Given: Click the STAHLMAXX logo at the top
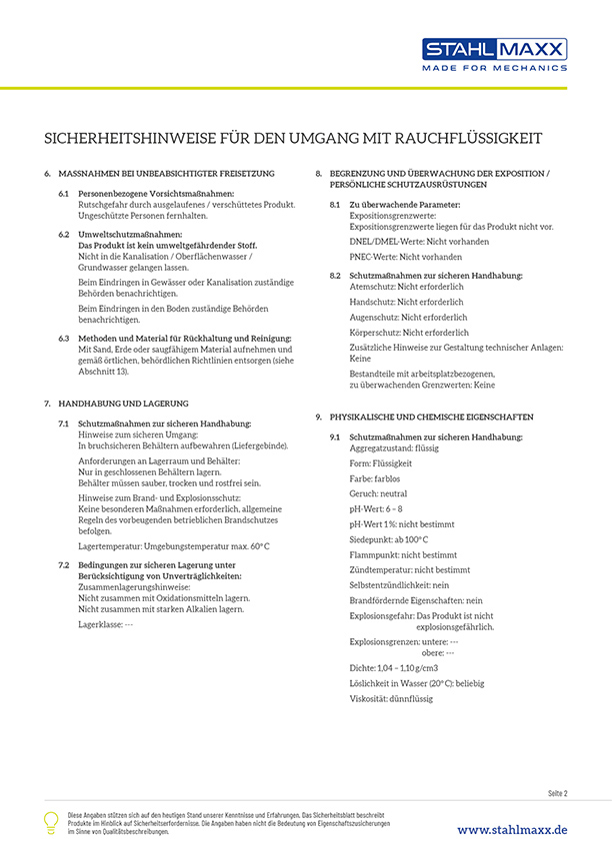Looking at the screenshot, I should click(x=494, y=49).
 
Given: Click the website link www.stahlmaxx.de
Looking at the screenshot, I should click(x=512, y=830).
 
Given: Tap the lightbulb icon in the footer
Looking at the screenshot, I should click(x=51, y=822).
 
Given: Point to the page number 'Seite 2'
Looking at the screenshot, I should click(x=557, y=793).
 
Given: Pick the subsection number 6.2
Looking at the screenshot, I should click(x=64, y=233).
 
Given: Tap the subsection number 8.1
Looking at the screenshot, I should click(x=335, y=205).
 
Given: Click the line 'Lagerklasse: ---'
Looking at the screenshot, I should click(x=106, y=623).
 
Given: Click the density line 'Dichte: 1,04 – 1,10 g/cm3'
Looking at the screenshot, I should click(x=393, y=667).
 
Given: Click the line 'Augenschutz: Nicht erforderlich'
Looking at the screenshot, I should click(x=401, y=317).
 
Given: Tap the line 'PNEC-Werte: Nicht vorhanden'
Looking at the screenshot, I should click(x=405, y=257).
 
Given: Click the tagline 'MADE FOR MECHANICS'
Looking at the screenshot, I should click(x=494, y=68).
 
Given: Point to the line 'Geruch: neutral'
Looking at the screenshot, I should click(x=378, y=493).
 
